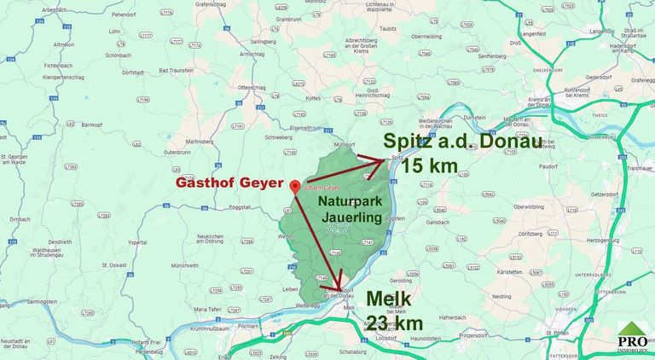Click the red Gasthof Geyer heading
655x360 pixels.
point(229,183)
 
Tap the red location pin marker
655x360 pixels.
point(294,185)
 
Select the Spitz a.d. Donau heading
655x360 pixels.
point(462,142)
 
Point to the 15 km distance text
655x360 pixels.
point(430,165)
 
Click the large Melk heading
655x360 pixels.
point(389,299)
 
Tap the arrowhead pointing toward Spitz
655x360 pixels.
point(385,157)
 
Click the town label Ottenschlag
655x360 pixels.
point(253,87)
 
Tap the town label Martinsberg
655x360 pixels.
point(198,141)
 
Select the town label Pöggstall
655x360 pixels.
point(238,207)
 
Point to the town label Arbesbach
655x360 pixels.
point(53,9)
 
